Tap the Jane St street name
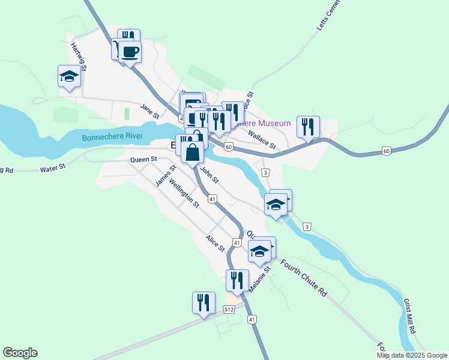[149, 111]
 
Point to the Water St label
[52, 169]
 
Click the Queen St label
[143, 160]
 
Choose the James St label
[163, 175]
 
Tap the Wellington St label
[184, 193]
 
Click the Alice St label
[215, 243]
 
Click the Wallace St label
[262, 141]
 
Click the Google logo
[20, 353]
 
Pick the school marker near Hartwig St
[70, 76]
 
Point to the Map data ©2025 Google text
[412, 355]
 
